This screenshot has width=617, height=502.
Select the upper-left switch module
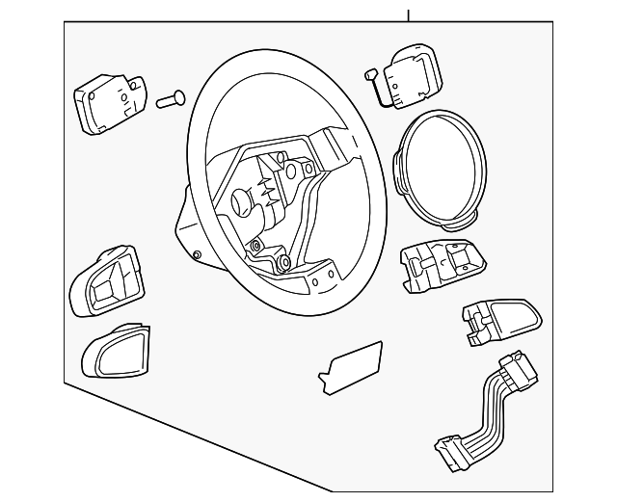click(x=108, y=103)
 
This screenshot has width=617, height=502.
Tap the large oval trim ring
click(x=441, y=168)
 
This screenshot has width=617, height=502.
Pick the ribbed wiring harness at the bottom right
click(x=486, y=409)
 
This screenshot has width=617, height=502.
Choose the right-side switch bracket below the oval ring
click(x=439, y=261)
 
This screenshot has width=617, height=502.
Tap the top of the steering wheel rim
click(x=280, y=58)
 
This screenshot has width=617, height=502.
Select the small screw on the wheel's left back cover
click(x=196, y=255)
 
